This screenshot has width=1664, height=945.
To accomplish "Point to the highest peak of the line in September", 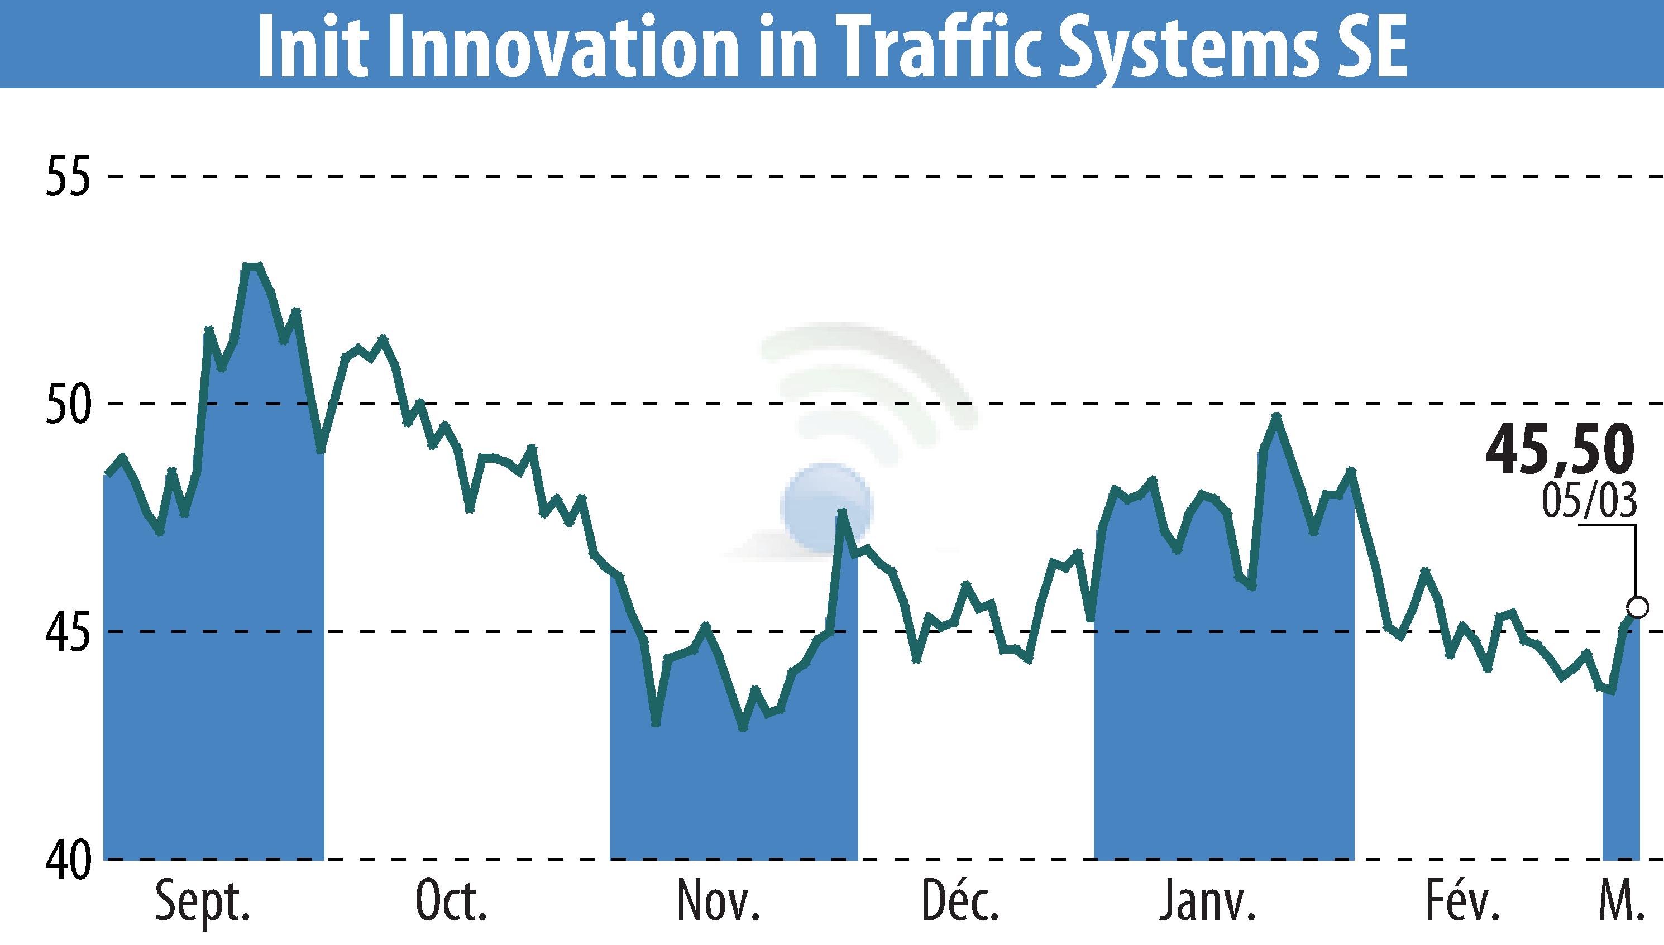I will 252,266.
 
